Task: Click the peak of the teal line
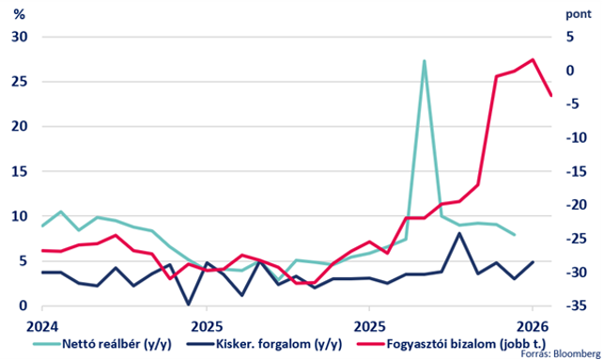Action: [424, 61]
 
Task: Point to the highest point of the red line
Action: [533, 59]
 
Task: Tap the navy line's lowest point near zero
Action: [189, 305]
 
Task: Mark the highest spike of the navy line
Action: [459, 233]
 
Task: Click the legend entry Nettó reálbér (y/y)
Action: [102, 343]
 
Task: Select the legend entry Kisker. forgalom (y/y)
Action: [264, 343]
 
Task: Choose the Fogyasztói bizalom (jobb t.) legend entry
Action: [452, 343]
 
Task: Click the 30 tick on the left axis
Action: [20, 37]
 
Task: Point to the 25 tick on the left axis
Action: [20, 82]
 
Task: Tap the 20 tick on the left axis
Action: [20, 126]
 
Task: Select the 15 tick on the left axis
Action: [20, 171]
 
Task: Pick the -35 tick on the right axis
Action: [577, 305]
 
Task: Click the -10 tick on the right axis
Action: [577, 137]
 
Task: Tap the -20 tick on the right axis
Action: [577, 205]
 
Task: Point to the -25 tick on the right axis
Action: [577, 239]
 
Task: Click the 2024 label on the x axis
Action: [42, 327]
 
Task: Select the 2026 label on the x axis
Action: [533, 327]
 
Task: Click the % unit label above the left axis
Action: [19, 14]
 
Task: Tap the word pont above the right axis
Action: [579, 14]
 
